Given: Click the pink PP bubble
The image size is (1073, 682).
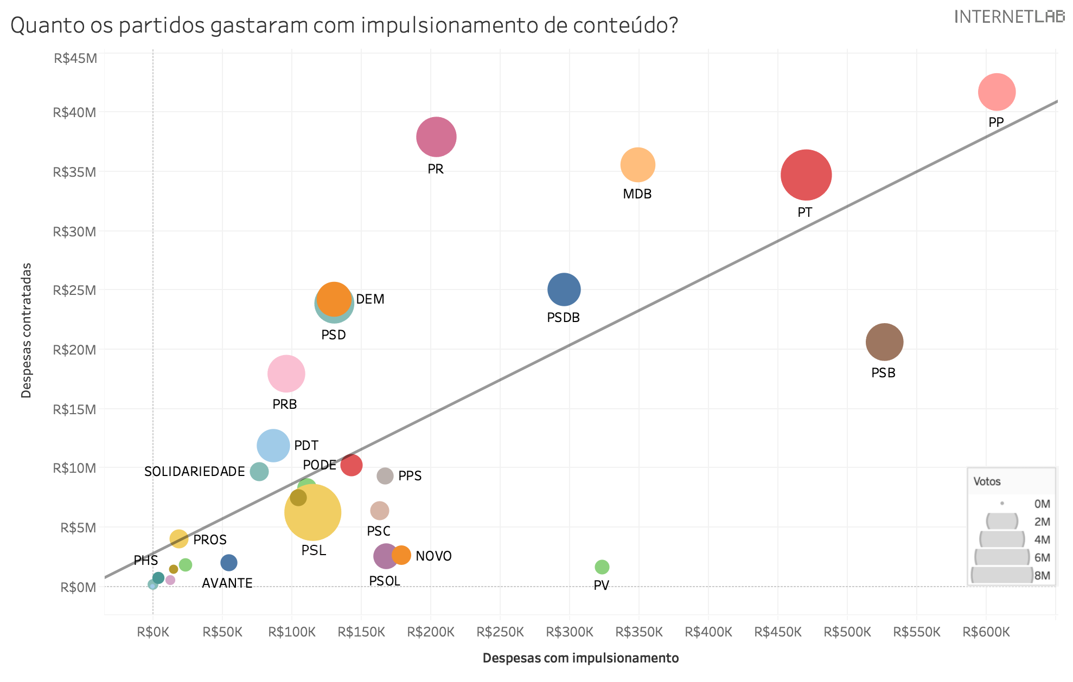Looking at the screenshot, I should tap(997, 92).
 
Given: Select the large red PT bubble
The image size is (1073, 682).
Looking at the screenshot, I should tap(806, 175).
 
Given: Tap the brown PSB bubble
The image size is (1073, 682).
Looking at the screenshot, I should tap(884, 342).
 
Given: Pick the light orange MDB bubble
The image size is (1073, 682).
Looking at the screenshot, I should tap(638, 164).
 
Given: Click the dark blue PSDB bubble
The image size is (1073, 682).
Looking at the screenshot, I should tap(564, 289).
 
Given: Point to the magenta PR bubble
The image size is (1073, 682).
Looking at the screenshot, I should tap(436, 137).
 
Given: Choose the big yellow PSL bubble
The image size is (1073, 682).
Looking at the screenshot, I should tap(313, 512).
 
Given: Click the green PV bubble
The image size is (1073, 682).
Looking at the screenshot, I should tap(602, 567).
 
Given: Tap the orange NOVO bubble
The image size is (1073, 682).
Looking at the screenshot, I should tap(401, 555).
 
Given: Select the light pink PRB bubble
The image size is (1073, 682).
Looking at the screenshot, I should tap(286, 374).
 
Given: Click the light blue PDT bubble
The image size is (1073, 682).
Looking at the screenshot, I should tap(273, 446).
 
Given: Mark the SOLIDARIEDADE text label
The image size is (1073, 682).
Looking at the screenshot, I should tap(194, 472).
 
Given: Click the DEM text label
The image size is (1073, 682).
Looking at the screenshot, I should tap(370, 299).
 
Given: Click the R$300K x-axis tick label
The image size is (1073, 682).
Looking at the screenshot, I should tap(569, 632).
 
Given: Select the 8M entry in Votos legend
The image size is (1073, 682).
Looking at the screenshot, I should tap(1042, 575).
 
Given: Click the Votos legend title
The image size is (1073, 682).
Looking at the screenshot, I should tap(987, 481).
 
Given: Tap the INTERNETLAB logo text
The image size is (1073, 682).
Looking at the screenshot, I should tap(1008, 17).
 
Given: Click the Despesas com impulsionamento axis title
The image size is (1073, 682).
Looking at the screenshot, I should tap(580, 658).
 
